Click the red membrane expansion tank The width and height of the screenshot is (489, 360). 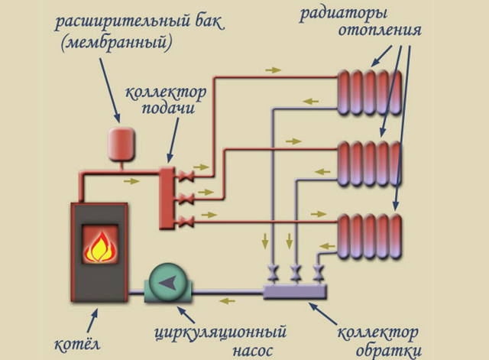[121, 144]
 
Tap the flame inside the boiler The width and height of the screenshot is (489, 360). [100, 246]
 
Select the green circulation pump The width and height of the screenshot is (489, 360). [168, 284]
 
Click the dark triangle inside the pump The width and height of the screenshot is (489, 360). [167, 283]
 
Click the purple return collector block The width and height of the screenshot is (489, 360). [295, 291]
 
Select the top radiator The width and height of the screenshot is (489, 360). [369, 92]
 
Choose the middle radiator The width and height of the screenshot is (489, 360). [369, 164]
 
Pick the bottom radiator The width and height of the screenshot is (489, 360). [369, 236]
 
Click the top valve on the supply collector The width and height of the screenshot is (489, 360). [186, 176]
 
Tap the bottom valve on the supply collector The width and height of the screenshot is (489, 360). [186, 222]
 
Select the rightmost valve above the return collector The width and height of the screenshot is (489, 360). [319, 273]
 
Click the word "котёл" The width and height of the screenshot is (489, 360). [77, 344]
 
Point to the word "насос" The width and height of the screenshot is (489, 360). [253, 351]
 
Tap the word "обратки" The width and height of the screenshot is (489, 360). [389, 350]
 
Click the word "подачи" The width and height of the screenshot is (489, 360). [168, 108]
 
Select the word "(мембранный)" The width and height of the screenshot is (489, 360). [116, 43]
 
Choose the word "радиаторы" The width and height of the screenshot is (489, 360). [343, 15]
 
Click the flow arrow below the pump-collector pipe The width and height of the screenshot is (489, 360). [227, 301]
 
